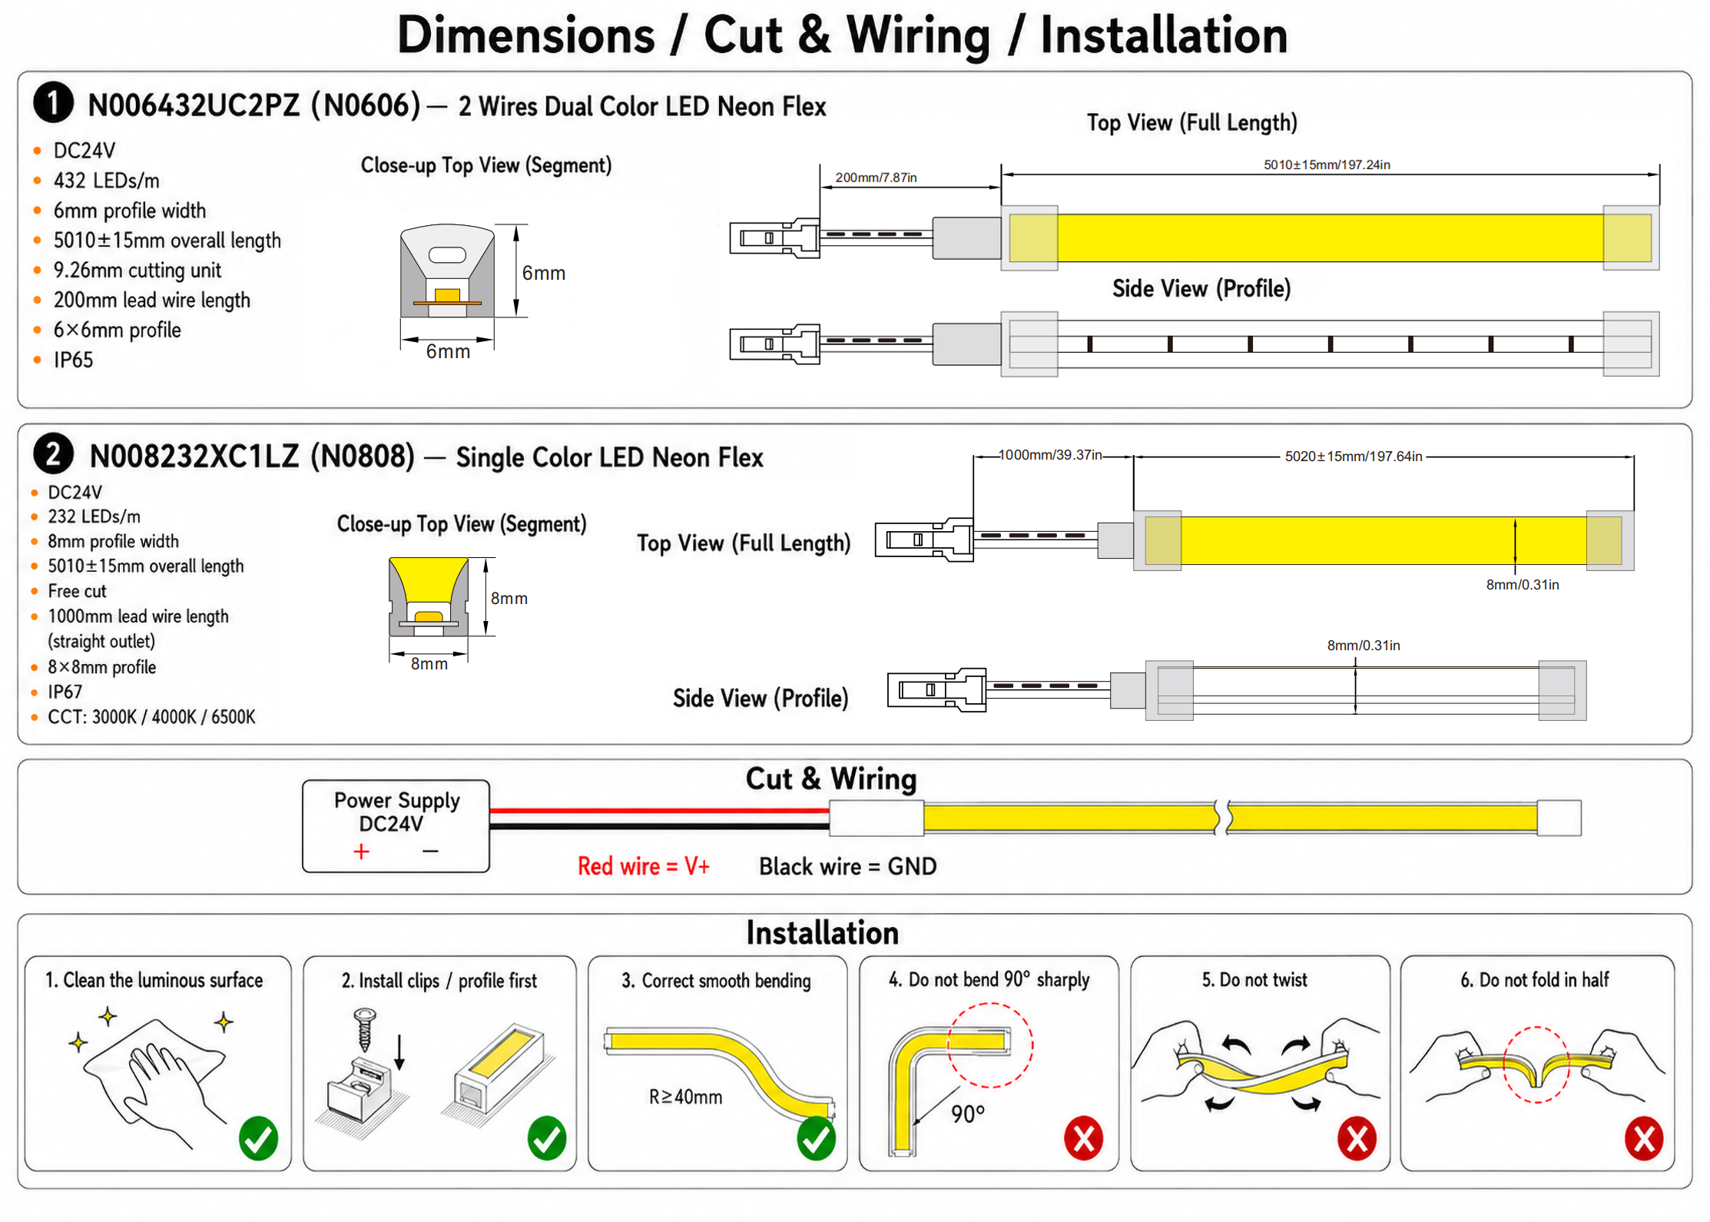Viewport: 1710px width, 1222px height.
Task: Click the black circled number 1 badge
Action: [53, 103]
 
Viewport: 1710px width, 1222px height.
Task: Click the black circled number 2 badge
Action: [53, 454]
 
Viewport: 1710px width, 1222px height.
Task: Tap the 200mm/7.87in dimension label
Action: [876, 178]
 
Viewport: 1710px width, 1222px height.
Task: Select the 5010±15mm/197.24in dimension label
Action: [1327, 164]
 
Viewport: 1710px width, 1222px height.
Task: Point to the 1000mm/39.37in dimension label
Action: [1050, 455]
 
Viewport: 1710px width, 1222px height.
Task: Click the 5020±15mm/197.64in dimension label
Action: [1354, 457]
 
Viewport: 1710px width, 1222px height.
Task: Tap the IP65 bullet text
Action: [73, 360]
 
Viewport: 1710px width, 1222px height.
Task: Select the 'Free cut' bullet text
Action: [77, 591]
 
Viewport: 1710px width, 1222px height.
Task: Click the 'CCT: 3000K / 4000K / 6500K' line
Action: [151, 717]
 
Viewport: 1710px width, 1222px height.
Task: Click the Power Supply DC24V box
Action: [396, 826]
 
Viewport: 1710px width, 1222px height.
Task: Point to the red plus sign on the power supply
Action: [361, 852]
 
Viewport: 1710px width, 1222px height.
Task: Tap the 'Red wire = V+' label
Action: [644, 866]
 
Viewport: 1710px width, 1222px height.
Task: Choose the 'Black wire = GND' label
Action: [848, 866]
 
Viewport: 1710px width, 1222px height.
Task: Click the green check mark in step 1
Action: [259, 1138]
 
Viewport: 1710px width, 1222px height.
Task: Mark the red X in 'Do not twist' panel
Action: [1357, 1138]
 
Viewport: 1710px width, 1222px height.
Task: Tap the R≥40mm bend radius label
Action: [685, 1097]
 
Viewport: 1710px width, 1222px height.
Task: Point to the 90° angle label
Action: [968, 1114]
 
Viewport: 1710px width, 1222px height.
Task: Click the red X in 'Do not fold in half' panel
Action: [1644, 1138]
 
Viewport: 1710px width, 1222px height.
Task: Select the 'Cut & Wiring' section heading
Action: [831, 779]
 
